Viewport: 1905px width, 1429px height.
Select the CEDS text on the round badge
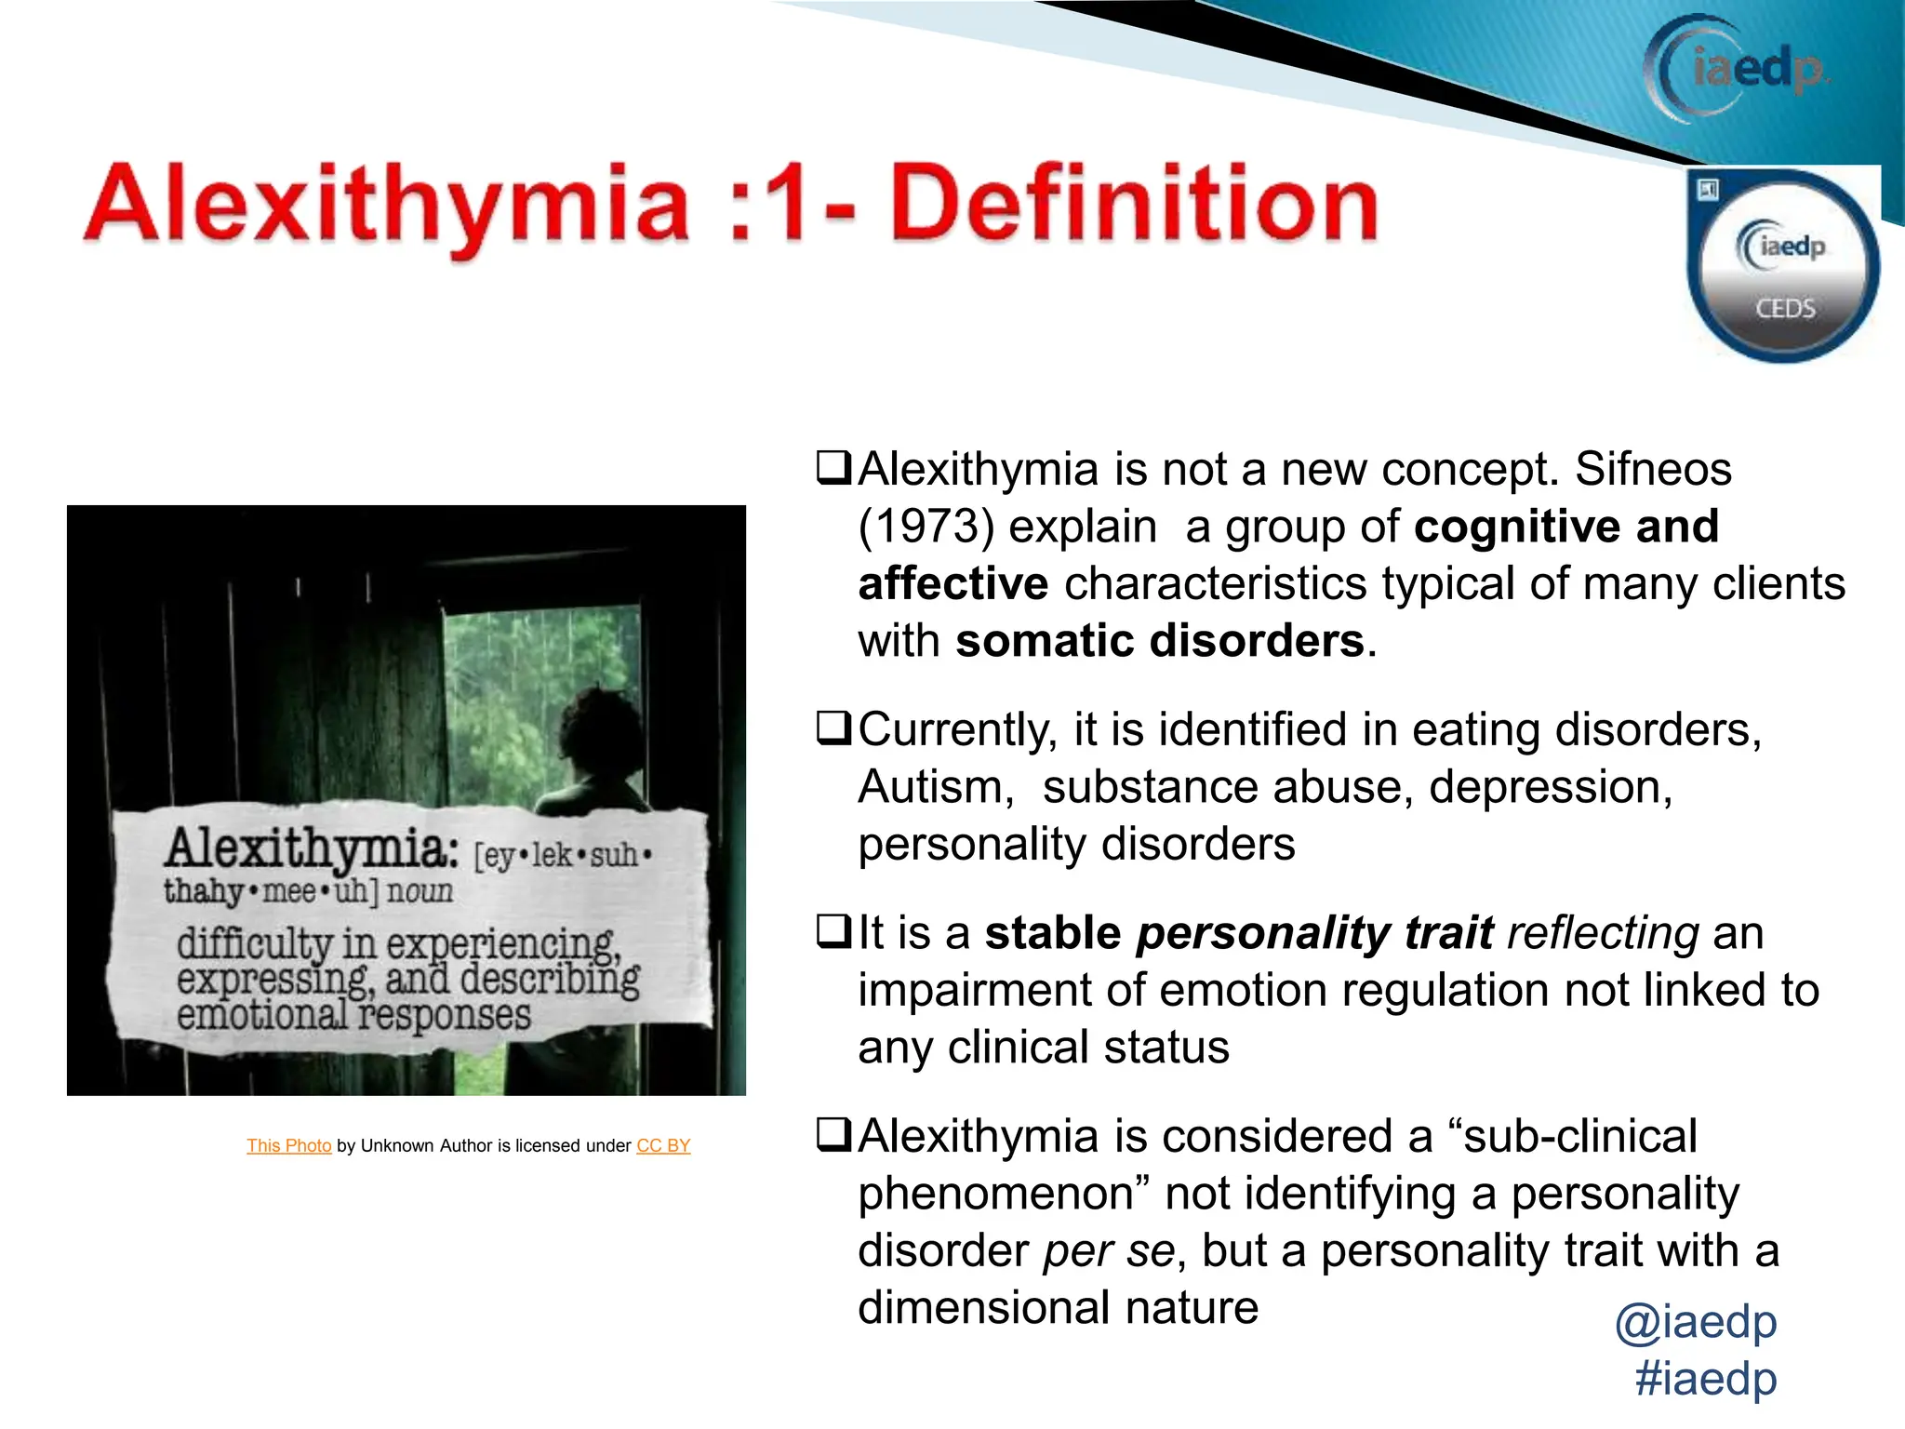coord(1785,308)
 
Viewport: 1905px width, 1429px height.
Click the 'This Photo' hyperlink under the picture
coord(288,1146)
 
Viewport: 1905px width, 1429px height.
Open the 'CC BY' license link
coord(663,1146)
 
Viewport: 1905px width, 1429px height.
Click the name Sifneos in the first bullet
coord(1653,470)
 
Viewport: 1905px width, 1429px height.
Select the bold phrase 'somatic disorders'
coord(1160,642)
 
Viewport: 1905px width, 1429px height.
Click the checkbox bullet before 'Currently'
coord(833,728)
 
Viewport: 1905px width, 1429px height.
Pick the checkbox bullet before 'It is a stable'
coord(833,932)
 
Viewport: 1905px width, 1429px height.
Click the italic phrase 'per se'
coord(1110,1251)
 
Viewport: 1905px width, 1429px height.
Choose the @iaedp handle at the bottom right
coord(1696,1322)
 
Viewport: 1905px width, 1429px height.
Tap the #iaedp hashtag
coord(1706,1379)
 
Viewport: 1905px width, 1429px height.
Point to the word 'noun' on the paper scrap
coord(420,891)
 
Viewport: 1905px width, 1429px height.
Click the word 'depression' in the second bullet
coord(1550,787)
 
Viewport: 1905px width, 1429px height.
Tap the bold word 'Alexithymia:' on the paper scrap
coord(312,848)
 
